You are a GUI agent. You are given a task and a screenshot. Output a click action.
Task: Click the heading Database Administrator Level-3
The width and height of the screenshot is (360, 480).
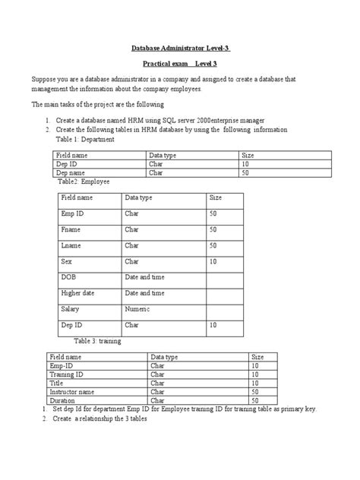click(x=179, y=49)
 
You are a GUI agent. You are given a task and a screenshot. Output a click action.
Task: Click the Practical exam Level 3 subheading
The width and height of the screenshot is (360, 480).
click(x=179, y=65)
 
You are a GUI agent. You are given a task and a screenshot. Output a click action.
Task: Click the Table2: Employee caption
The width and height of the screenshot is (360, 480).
click(x=84, y=182)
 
